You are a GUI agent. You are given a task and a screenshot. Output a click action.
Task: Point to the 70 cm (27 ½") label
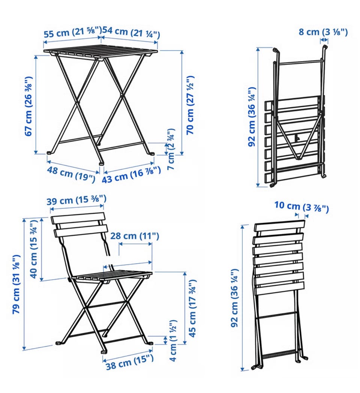190,105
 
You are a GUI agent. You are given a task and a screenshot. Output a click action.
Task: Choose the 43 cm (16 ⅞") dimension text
131,175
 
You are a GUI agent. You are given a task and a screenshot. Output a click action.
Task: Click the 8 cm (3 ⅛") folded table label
323,32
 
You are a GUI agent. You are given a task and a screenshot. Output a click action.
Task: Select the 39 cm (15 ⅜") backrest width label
76,200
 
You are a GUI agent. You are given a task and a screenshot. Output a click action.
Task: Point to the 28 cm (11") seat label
135,236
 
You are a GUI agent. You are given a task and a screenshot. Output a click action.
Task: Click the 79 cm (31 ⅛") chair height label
16,284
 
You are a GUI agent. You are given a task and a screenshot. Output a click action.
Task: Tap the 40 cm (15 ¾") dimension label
34,249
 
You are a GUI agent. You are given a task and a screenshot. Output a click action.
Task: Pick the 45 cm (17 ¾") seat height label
192,308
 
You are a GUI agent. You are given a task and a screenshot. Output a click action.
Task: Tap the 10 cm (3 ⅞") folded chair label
301,207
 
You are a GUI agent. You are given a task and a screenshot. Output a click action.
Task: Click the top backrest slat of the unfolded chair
78,218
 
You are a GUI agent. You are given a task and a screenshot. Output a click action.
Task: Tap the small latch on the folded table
298,137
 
